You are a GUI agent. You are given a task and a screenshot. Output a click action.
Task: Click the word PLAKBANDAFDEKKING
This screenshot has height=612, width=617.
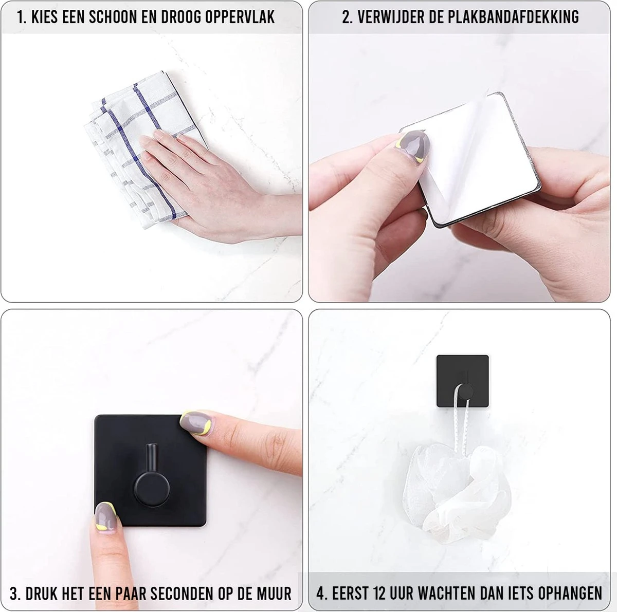click(513, 17)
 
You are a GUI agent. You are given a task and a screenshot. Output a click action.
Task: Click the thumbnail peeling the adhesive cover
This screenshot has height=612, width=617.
click(413, 146)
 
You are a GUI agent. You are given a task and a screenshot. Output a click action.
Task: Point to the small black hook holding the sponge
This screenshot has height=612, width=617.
click(463, 381)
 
